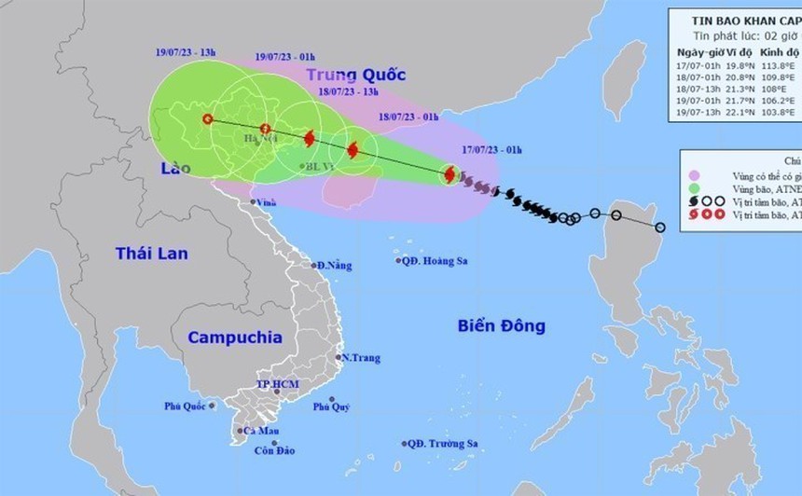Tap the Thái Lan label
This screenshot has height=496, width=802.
point(152,253)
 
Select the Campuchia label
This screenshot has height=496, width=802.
point(234,338)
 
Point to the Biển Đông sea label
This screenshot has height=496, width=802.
point(501,325)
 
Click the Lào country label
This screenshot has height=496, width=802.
point(174,169)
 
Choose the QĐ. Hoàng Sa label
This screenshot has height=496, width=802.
point(435,261)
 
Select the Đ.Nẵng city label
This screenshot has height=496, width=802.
point(333,266)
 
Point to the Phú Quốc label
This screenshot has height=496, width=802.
point(187,406)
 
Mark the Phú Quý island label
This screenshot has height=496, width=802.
point(331,406)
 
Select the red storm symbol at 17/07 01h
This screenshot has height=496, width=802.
point(449,174)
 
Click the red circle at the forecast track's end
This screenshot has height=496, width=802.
point(207,119)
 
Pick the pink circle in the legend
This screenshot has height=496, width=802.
point(693,174)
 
